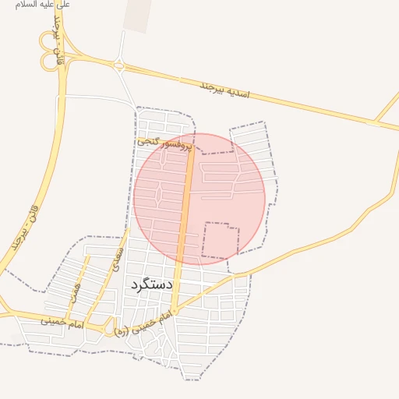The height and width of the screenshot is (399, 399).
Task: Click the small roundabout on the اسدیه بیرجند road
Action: [x=119, y=66]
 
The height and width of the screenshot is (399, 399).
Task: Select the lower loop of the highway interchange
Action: [x=49, y=62]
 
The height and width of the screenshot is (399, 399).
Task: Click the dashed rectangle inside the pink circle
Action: [x=221, y=240]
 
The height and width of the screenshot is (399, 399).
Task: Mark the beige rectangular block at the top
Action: [x=137, y=16]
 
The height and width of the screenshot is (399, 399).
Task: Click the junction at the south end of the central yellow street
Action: [x=175, y=310]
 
